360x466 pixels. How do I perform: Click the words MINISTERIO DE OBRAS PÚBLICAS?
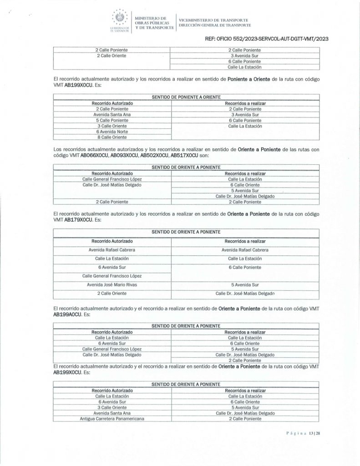152,20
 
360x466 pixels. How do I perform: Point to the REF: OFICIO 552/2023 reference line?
267,40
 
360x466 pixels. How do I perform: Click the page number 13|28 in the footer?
312,433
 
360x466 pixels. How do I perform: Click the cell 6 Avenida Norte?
112,131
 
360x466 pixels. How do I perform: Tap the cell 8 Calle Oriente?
112,137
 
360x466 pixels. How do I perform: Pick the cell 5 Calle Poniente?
112,120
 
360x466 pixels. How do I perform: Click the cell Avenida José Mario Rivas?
112,284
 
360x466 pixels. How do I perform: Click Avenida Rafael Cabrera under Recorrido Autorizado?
112,250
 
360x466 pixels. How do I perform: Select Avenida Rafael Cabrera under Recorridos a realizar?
245,250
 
